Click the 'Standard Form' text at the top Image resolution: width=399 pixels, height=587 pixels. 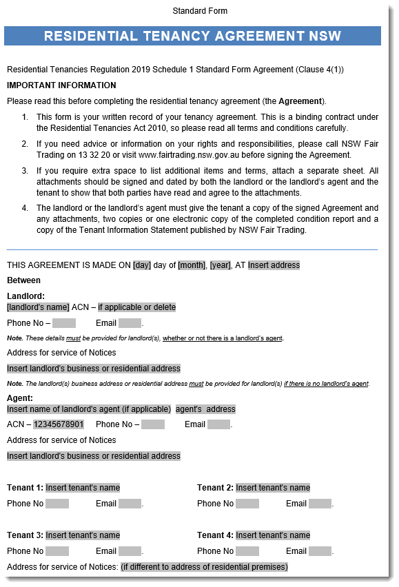tap(200, 11)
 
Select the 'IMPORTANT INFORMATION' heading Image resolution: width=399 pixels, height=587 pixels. tap(61, 85)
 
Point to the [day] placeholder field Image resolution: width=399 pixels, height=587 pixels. tap(142, 265)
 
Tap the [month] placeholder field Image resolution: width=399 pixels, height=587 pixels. tap(192, 265)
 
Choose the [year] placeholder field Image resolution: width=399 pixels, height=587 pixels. tap(221, 265)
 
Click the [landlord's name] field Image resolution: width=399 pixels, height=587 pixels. tap(38, 307)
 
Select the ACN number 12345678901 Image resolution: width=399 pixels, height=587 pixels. tap(59, 424)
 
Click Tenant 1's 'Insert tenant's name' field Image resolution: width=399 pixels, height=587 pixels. tap(83, 488)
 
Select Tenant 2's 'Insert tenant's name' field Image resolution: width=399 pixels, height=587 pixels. tap(273, 488)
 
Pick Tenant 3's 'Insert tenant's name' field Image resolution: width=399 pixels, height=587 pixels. tap(83, 535)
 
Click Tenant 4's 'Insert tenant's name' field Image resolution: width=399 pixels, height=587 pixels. tap(273, 535)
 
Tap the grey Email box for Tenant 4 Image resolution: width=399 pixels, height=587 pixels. tap(320, 551)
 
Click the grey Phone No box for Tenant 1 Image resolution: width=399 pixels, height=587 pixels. tap(57, 504)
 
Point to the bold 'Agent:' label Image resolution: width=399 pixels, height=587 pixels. tap(20, 398)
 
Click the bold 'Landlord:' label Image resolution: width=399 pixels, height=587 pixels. tap(25, 296)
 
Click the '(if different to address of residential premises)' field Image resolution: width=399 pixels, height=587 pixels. tap(204, 567)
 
